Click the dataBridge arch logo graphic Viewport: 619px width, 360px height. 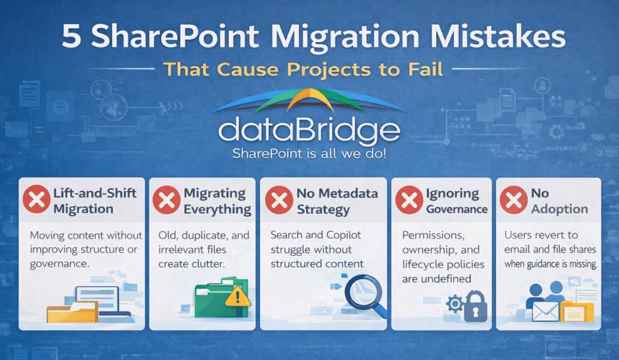[x=309, y=101]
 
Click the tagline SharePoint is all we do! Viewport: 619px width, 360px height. [x=309, y=155]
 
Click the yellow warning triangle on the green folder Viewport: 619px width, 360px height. [x=238, y=295]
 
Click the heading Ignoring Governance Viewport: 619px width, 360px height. [x=456, y=201]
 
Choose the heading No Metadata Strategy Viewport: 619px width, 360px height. [x=336, y=201]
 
